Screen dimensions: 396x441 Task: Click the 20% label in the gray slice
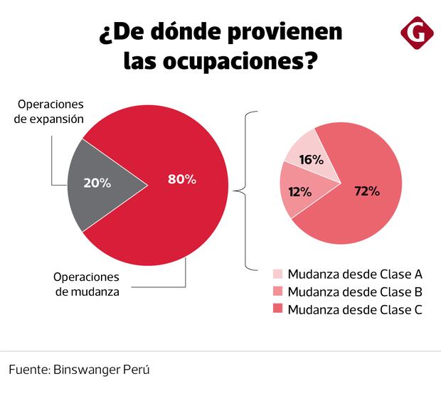point(97,183)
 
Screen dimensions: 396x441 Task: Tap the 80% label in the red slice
point(181,179)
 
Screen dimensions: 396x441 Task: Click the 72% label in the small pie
point(367,191)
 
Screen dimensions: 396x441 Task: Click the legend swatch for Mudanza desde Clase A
point(278,274)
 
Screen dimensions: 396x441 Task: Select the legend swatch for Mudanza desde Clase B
point(278,291)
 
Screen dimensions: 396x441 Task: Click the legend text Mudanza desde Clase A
point(356,274)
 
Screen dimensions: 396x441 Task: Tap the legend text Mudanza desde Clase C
point(356,309)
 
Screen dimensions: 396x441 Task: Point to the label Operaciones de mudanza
point(87,284)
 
